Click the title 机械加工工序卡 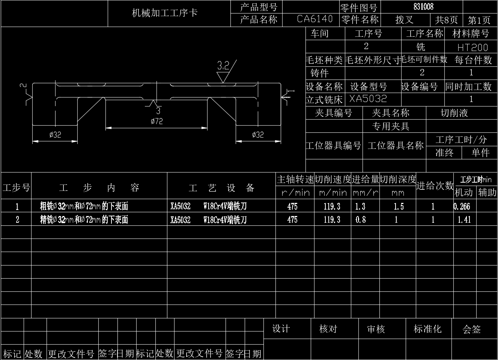pos(165,13)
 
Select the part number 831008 pos(423,7)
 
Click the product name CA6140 pos(315,19)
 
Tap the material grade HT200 pos(472,48)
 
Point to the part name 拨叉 pos(405,19)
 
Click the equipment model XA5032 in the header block pos(368,99)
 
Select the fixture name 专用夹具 pos(390,126)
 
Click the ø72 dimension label pos(156,121)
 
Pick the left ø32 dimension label pos(55,135)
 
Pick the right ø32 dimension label pos(258,135)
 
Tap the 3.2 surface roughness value pos(223,66)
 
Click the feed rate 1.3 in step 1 pos(360,206)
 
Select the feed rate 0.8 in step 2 pos(361,220)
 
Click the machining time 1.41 pos(464,220)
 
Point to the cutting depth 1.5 pos(399,206)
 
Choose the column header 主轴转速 pos(295,180)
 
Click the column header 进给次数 pos(435,186)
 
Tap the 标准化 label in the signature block pos(427,329)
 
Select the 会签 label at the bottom pos(472,330)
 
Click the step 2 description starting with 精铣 pos(84,220)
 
